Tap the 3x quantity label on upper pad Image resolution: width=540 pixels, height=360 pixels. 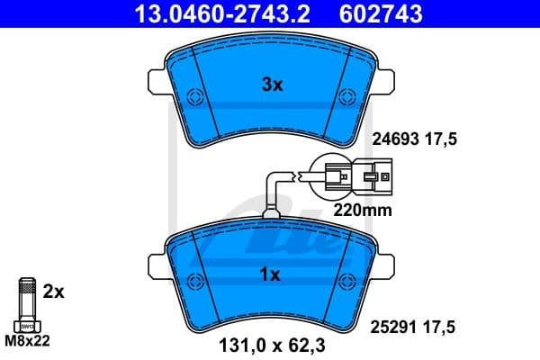pyautogui.click(x=272, y=85)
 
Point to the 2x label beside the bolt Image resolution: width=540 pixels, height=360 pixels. pyautogui.click(x=54, y=292)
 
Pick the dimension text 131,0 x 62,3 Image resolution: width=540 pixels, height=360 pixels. pyautogui.click(x=267, y=343)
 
